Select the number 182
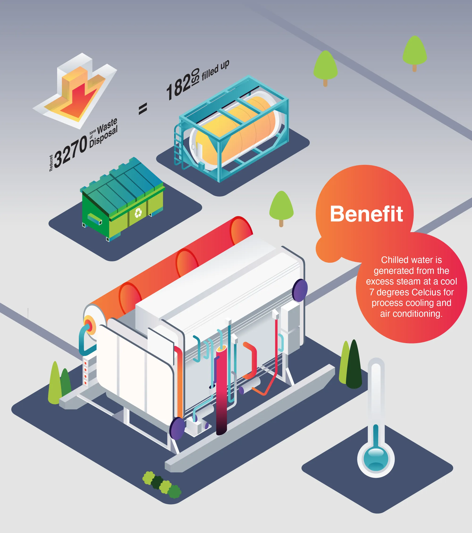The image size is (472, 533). point(179,87)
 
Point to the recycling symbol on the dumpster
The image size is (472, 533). point(138,213)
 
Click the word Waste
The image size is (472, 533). point(107,125)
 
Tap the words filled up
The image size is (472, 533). point(215,70)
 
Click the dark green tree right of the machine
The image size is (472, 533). point(354,365)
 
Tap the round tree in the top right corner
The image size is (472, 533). point(414,51)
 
